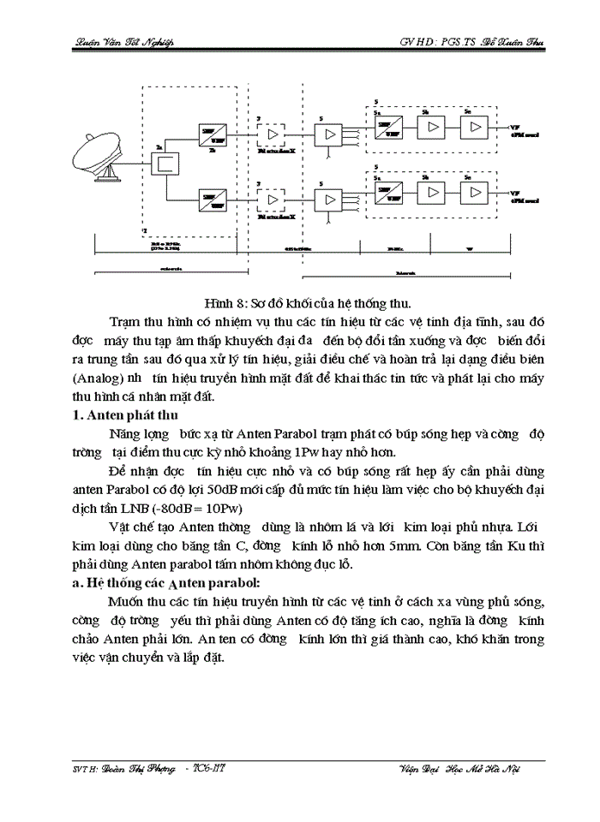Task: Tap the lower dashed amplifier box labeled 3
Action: (273, 200)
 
